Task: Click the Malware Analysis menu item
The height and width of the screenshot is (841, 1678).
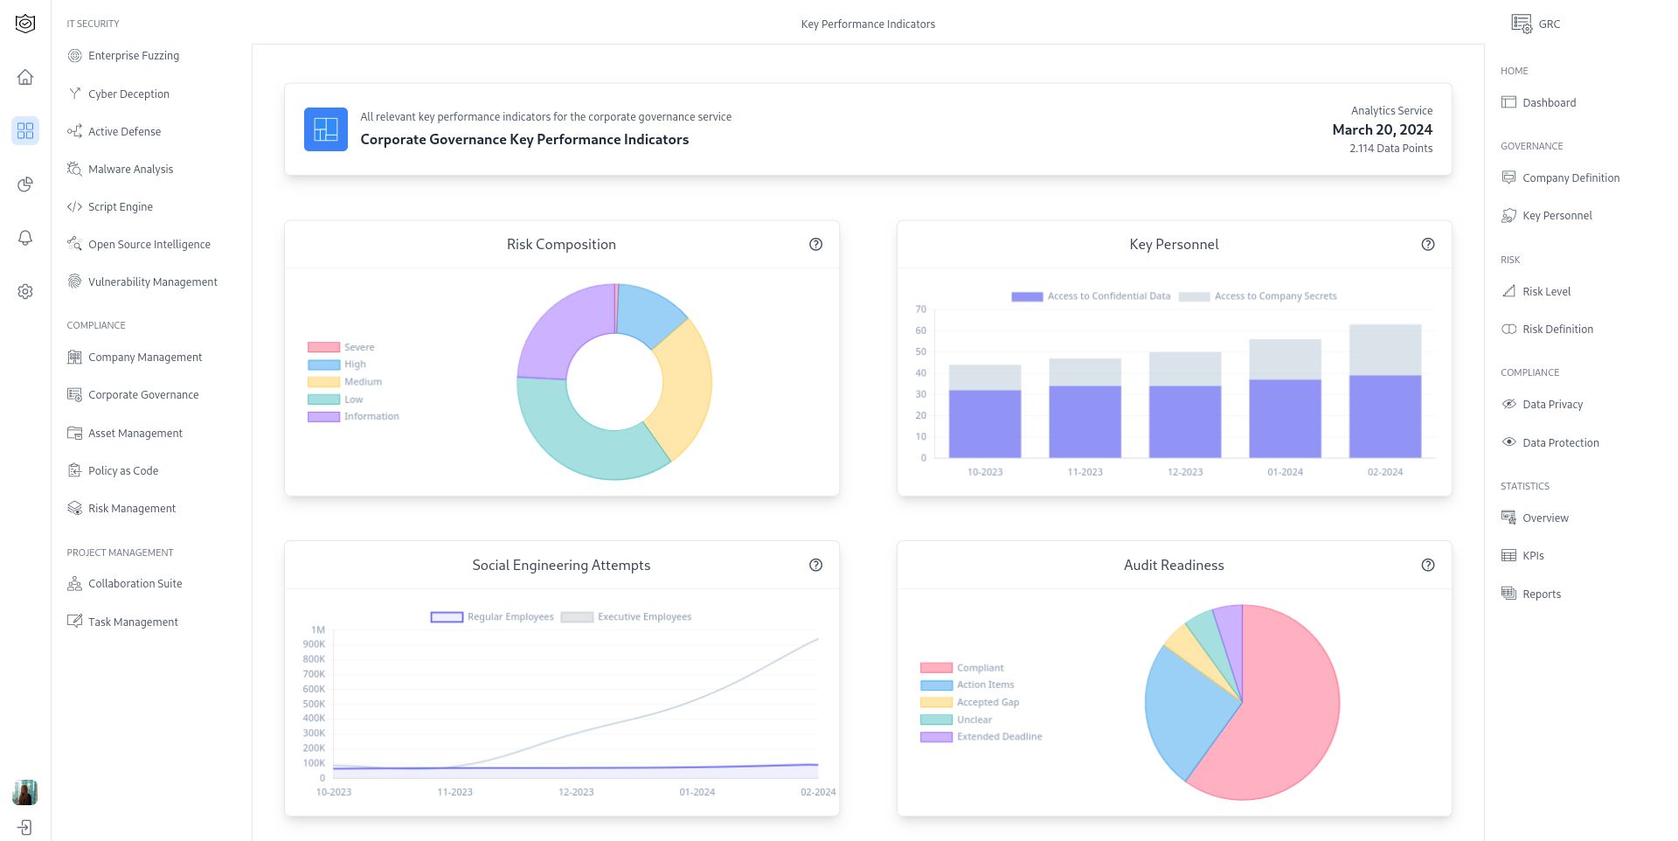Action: (x=130, y=170)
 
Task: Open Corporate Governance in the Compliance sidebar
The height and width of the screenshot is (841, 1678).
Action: (x=143, y=395)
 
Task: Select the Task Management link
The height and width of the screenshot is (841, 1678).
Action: (x=133, y=622)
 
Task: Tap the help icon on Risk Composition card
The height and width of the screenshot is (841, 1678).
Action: (x=815, y=245)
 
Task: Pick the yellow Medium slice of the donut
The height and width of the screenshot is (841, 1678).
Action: (x=685, y=385)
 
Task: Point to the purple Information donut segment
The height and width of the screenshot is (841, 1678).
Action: (x=564, y=328)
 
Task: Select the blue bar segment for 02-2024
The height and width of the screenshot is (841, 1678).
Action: (x=1384, y=416)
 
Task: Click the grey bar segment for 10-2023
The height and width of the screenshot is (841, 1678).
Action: (x=984, y=377)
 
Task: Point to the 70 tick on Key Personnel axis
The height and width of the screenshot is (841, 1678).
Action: (x=921, y=309)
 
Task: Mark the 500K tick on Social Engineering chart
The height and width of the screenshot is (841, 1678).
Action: (x=314, y=704)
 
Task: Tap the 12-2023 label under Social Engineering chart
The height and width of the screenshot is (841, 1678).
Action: (x=576, y=792)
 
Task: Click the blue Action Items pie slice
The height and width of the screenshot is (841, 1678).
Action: (x=1180, y=708)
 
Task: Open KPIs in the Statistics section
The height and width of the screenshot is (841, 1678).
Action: (x=1533, y=556)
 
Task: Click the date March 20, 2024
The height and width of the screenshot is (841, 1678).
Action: (x=1382, y=130)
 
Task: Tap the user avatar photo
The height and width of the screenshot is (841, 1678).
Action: (x=24, y=792)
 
